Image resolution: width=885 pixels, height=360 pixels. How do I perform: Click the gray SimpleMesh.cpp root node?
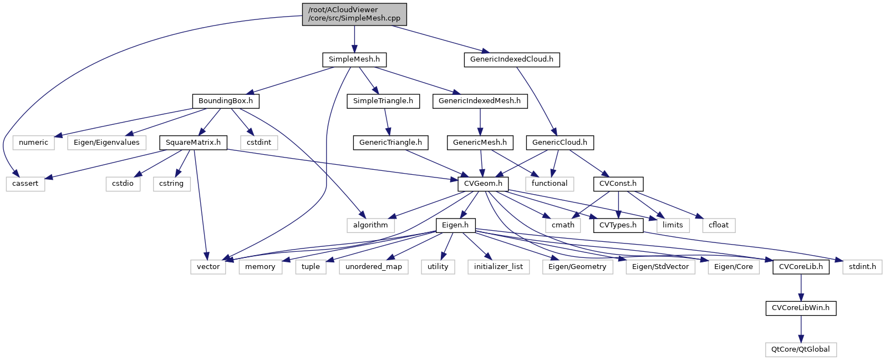point(354,14)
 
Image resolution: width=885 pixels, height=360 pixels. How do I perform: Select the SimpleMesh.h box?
point(354,59)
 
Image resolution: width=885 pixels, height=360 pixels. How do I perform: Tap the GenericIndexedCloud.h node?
point(511,59)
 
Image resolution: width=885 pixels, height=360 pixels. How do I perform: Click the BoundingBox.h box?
point(226,101)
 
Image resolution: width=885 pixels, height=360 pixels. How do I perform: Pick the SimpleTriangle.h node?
point(383,101)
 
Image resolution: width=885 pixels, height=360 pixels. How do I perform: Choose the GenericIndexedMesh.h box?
point(480,101)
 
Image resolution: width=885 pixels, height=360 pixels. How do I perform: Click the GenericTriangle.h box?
point(390,143)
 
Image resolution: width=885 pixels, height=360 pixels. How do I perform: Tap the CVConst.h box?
point(618,184)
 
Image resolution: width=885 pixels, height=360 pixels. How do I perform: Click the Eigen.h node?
point(455,225)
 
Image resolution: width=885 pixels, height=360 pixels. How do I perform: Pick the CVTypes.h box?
point(618,225)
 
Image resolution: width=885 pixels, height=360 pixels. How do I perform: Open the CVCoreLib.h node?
point(801,267)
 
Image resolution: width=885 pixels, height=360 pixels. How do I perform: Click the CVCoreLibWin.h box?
point(801,308)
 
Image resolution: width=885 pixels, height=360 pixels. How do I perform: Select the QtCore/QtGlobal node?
point(801,349)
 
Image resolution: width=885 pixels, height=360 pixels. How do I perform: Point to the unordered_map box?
point(373,267)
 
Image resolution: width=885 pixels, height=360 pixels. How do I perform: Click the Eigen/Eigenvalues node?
point(107,143)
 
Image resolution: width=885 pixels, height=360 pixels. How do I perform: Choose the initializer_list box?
point(499,267)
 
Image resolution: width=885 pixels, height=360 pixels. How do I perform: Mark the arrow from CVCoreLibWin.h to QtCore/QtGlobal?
point(801,329)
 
